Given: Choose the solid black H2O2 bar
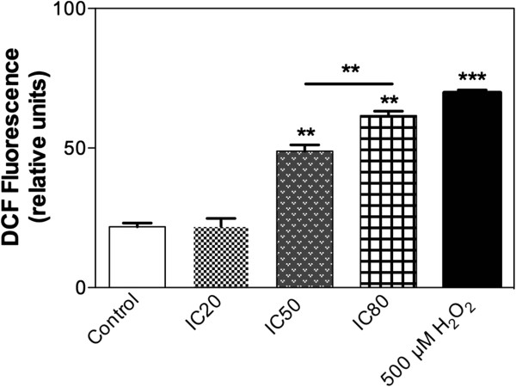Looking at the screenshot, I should (x=471, y=189).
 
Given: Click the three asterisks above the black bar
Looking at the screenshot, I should (x=472, y=76).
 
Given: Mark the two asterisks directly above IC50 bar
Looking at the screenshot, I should (x=305, y=133).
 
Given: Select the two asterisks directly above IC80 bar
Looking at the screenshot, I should (x=389, y=100).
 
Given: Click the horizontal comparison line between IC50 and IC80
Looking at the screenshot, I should (x=347, y=83).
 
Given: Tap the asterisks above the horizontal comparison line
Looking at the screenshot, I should (x=349, y=69).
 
